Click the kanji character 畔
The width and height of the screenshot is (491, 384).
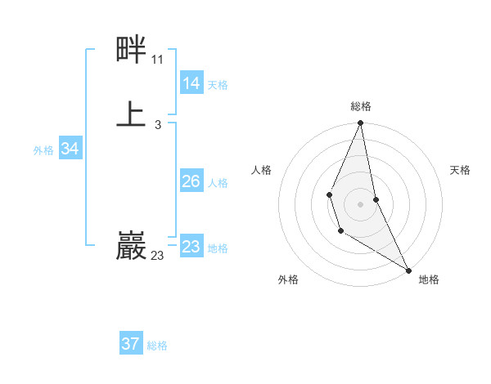pyautogui.click(x=131, y=50)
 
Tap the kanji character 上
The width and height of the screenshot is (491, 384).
pyautogui.click(x=131, y=114)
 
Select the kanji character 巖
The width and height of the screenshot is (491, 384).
pyautogui.click(x=131, y=246)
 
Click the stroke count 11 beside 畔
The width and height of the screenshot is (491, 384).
pyautogui.click(x=157, y=60)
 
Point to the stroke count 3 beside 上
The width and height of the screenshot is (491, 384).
pyautogui.click(x=157, y=124)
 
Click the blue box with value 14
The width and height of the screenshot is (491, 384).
pyautogui.click(x=191, y=83)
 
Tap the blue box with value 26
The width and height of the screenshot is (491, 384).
pyautogui.click(x=191, y=181)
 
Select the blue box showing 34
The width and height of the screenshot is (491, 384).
pyautogui.click(x=70, y=149)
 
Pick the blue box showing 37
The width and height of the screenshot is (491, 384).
pyautogui.click(x=131, y=344)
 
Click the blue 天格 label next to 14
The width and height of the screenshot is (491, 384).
pyautogui.click(x=218, y=84)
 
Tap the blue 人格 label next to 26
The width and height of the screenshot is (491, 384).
pyautogui.click(x=218, y=183)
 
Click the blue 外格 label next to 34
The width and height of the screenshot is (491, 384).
pyautogui.click(x=43, y=150)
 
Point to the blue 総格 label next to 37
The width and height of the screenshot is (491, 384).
pyautogui.click(x=157, y=346)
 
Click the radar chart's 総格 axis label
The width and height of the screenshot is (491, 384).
pyautogui.click(x=360, y=106)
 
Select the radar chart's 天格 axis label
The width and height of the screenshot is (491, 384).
pyautogui.click(x=461, y=170)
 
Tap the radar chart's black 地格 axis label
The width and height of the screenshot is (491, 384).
pyautogui.click(x=429, y=279)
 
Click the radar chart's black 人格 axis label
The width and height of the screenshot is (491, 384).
pyautogui.click(x=261, y=170)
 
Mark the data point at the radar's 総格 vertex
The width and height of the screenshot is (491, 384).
pyautogui.click(x=360, y=123)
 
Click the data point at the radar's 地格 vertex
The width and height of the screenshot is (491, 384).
pyautogui.click(x=408, y=270)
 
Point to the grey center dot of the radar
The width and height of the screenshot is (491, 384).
pyautogui.click(x=360, y=203)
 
